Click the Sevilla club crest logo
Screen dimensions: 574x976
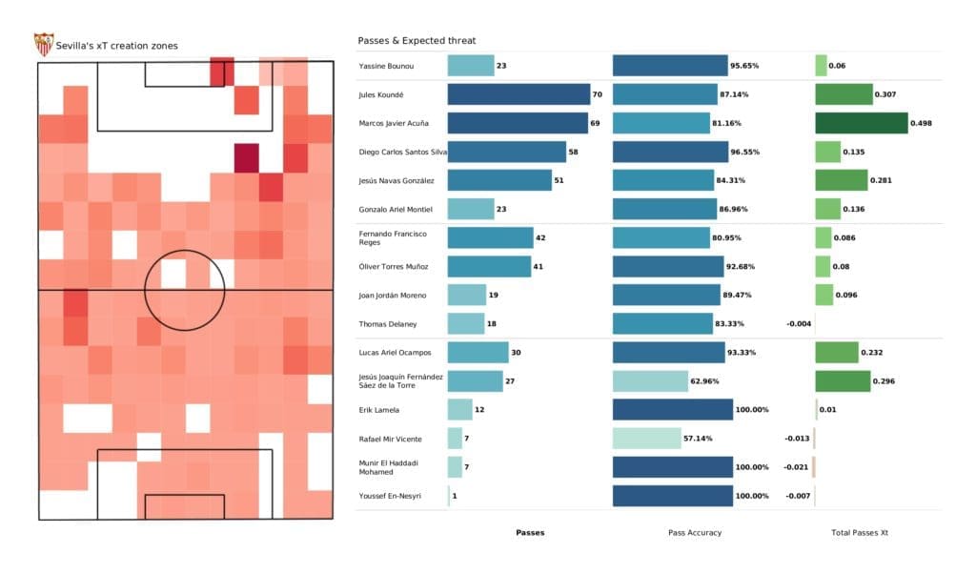[x=44, y=44]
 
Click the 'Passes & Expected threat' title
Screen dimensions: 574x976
[x=417, y=41]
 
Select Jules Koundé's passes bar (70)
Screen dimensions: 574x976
[x=519, y=94]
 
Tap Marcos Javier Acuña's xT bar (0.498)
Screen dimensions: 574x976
[x=862, y=123]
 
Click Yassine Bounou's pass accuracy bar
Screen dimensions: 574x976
[x=670, y=66]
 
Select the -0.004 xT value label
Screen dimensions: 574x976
[x=799, y=324]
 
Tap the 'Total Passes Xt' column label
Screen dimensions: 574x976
[x=860, y=532]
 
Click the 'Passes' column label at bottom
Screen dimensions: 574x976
[x=530, y=532]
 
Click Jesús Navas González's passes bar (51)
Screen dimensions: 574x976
[x=499, y=180]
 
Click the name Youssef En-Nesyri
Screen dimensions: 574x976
[x=390, y=496]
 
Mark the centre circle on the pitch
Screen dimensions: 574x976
[x=184, y=290]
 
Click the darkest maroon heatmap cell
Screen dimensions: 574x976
[x=246, y=157]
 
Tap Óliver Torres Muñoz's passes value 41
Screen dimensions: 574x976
[x=539, y=266]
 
